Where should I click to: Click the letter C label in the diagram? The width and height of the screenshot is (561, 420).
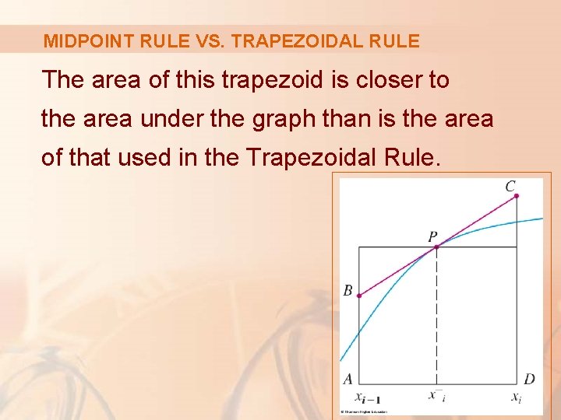tap(510, 186)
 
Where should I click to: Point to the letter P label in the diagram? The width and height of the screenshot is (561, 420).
tap(432, 236)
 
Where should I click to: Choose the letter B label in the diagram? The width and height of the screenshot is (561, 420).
tap(348, 292)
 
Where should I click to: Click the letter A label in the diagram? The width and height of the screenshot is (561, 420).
tap(348, 380)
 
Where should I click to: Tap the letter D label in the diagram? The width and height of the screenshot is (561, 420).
tap(529, 380)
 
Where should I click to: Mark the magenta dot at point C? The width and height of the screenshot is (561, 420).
tap(516, 197)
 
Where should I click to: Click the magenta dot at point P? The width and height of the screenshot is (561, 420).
tap(436, 247)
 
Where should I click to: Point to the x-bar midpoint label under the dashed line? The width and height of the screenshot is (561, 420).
tap(436, 395)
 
